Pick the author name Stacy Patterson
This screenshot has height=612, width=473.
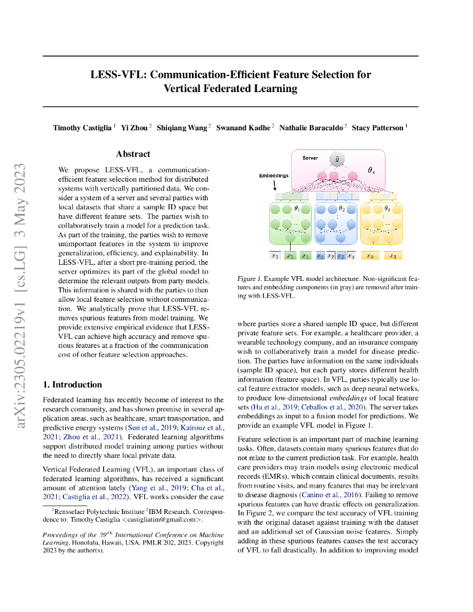(x=378, y=128)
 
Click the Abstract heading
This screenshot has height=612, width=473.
(x=133, y=154)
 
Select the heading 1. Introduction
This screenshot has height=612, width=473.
(x=72, y=384)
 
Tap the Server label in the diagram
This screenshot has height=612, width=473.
(x=310, y=158)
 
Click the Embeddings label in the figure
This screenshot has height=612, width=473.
(x=273, y=176)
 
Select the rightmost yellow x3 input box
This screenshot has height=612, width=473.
(x=393, y=256)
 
